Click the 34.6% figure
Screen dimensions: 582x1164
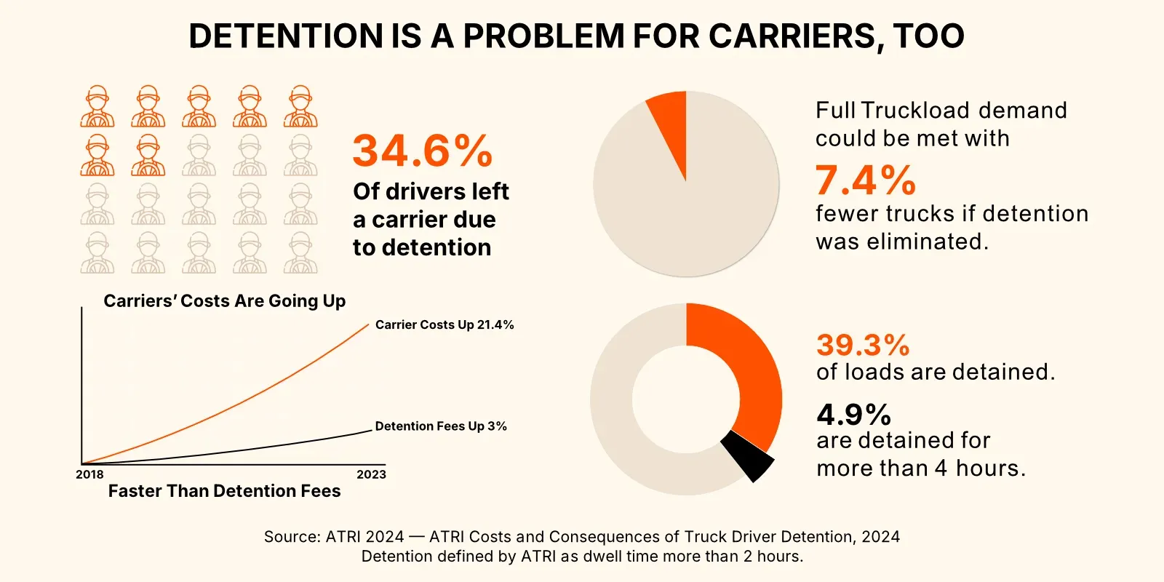[x=422, y=151]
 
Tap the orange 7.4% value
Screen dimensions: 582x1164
[x=864, y=180]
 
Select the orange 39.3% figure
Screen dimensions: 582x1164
[x=863, y=345]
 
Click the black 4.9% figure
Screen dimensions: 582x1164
[x=853, y=415]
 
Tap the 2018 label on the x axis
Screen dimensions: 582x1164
[x=89, y=474]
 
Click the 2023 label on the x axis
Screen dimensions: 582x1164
[x=371, y=474]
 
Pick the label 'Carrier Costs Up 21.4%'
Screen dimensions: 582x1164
[x=445, y=324]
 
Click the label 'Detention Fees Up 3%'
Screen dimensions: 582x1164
[x=441, y=426]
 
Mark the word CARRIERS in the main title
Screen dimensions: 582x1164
[x=793, y=36]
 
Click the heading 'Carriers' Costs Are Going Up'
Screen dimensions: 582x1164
[x=224, y=301]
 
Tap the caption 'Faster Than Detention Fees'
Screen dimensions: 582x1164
[x=224, y=491]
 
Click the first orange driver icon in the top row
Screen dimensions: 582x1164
[x=97, y=107]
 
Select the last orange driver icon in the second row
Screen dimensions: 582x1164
[x=148, y=155]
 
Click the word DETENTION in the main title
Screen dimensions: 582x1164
[x=286, y=36]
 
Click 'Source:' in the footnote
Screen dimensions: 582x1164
[x=292, y=537]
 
